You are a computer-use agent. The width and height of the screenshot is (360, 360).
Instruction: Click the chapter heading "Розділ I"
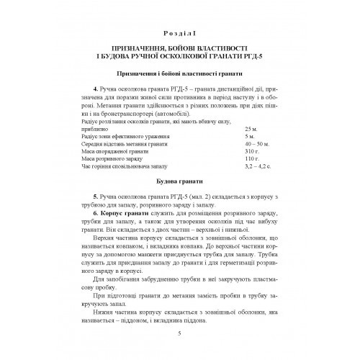click(179, 32)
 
